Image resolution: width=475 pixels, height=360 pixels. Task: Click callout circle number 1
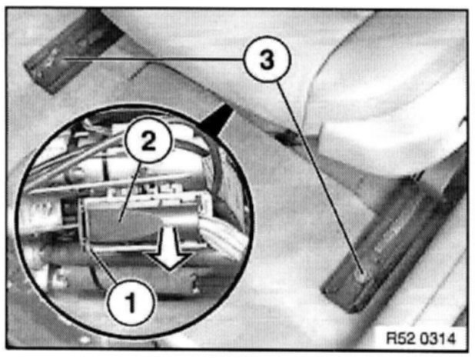(x=131, y=302)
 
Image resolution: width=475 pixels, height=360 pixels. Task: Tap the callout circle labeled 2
(x=148, y=141)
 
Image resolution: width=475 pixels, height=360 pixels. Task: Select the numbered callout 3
(x=267, y=59)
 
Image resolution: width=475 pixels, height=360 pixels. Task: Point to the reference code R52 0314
(x=420, y=338)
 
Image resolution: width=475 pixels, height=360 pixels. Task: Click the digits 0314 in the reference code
(x=438, y=338)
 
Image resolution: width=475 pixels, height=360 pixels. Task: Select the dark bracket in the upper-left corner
(x=73, y=52)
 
